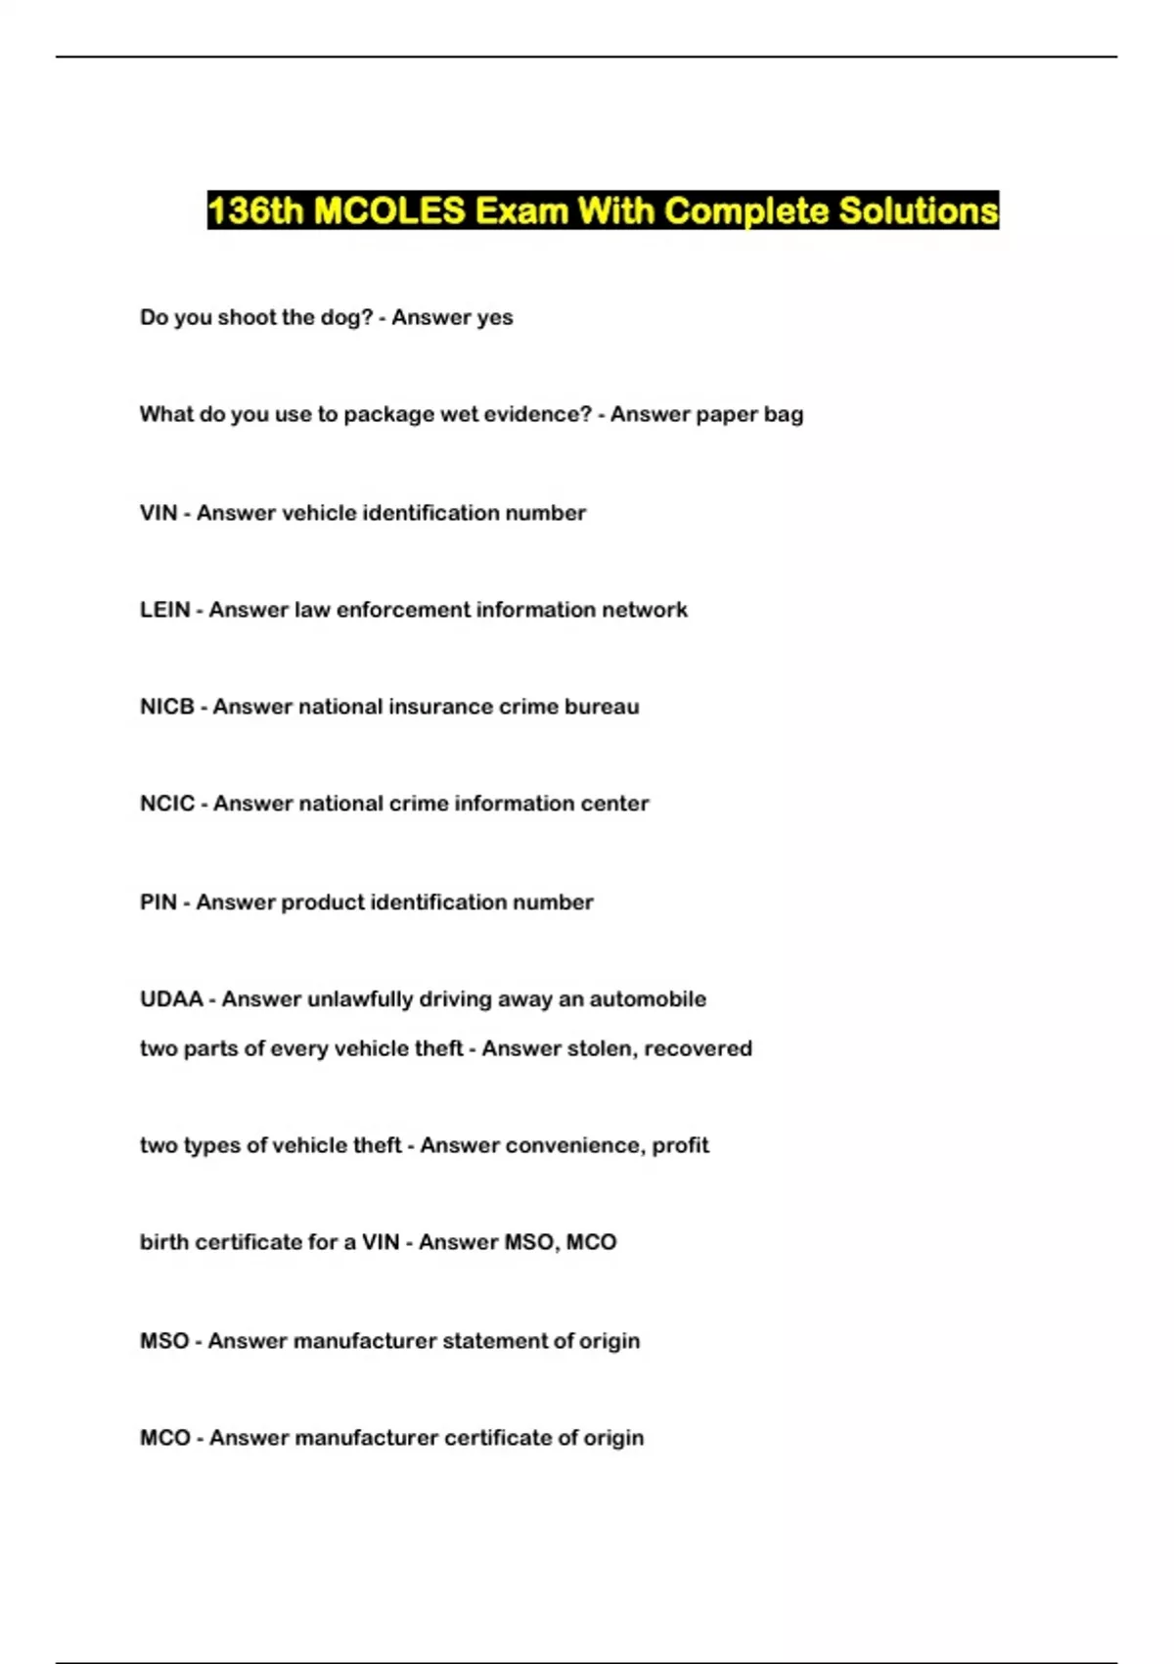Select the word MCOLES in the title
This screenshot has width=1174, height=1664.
[389, 211]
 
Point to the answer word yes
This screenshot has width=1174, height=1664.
[494, 318]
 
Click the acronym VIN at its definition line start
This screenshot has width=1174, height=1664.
[158, 513]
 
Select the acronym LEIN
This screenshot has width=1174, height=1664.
[164, 610]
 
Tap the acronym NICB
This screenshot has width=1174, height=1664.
[167, 707]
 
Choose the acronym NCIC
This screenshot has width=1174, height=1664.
[167, 804]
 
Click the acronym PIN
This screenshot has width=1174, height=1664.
[158, 901]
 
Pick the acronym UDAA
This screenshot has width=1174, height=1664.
[171, 999]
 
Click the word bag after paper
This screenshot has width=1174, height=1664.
[784, 415]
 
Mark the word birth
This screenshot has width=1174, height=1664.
[165, 1242]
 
